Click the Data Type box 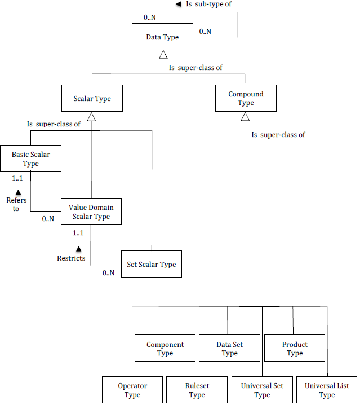(x=162, y=37)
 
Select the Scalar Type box (x=92, y=99)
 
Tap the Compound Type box (x=245, y=99)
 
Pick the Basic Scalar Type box (x=30, y=159)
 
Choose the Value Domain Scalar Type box (x=91, y=212)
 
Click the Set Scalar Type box (x=151, y=265)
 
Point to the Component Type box (x=165, y=349)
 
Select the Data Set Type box (x=229, y=349)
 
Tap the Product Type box (x=295, y=349)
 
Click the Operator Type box (x=132, y=390)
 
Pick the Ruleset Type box (x=197, y=390)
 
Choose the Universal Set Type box (x=262, y=390)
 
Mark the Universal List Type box (x=327, y=390)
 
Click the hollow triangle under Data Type (x=163, y=55)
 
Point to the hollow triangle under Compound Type (x=245, y=117)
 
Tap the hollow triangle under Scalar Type (x=92, y=117)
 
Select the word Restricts (x=71, y=258)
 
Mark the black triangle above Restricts (x=78, y=248)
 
